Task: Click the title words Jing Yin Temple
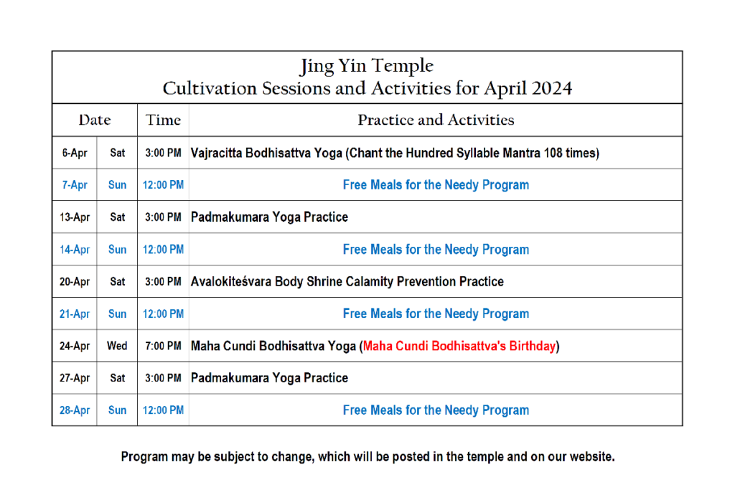coord(367,66)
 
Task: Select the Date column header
coord(95,120)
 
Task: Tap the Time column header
coord(163,120)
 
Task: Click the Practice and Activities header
coord(436,120)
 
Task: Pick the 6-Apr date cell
coord(75,153)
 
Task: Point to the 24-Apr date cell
coord(75,346)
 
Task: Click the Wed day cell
coord(117,346)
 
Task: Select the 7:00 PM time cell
coord(163,346)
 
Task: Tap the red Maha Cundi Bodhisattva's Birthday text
coord(459,346)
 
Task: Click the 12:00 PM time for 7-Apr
coord(163,185)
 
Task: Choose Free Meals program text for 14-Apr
coord(436,249)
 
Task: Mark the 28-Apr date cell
coord(75,410)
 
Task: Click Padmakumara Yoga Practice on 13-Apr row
coord(270,217)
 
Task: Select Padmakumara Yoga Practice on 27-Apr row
coord(270,378)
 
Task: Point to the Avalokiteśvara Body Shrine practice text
coord(347,281)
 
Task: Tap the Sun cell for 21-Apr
coord(117,314)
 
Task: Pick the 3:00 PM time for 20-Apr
coord(163,281)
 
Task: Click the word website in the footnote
coord(592,457)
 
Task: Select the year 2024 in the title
coord(552,88)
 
